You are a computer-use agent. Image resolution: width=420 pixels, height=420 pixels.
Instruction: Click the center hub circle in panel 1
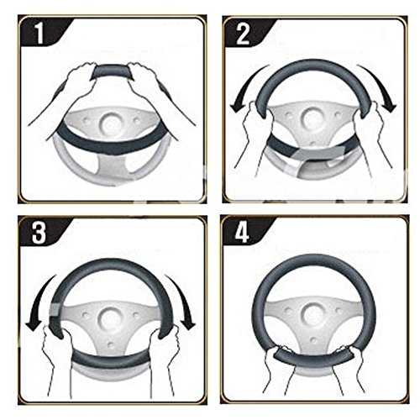pos(112,123)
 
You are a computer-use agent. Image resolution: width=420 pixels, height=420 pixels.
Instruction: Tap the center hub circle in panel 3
pos(110,318)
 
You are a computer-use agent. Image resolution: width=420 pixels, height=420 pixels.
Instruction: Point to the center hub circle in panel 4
pos(312,316)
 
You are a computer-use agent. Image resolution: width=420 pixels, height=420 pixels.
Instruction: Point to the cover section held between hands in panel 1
pos(112,72)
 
